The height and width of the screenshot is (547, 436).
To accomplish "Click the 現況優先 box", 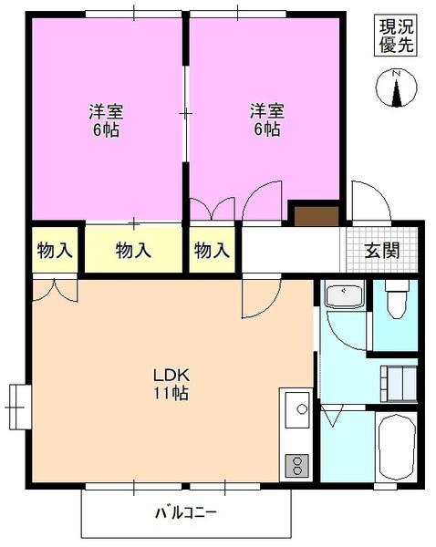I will coord(397,36).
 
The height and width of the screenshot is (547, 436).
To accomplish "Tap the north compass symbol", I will coord(397,89).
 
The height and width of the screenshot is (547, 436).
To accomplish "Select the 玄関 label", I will coord(382,251).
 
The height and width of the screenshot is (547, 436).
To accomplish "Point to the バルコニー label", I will coord(185,512).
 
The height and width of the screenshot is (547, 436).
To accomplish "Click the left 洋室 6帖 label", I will coord(106,120).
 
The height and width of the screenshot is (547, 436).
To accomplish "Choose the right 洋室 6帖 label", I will coord(267,120).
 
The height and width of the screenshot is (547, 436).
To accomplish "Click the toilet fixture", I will coord(397,298).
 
